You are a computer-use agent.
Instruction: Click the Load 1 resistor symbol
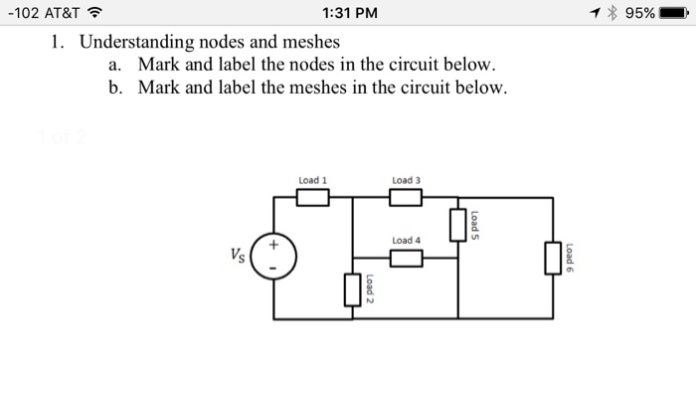313,198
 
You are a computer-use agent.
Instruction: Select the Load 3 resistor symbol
406,198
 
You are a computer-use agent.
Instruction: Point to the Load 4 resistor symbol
406,259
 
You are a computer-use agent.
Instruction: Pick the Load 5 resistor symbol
457,224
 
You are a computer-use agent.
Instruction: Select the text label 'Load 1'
312,180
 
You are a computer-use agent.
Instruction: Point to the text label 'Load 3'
407,180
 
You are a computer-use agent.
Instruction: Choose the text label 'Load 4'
407,241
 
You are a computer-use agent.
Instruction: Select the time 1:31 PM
348,14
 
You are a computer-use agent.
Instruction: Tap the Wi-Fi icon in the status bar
97,14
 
